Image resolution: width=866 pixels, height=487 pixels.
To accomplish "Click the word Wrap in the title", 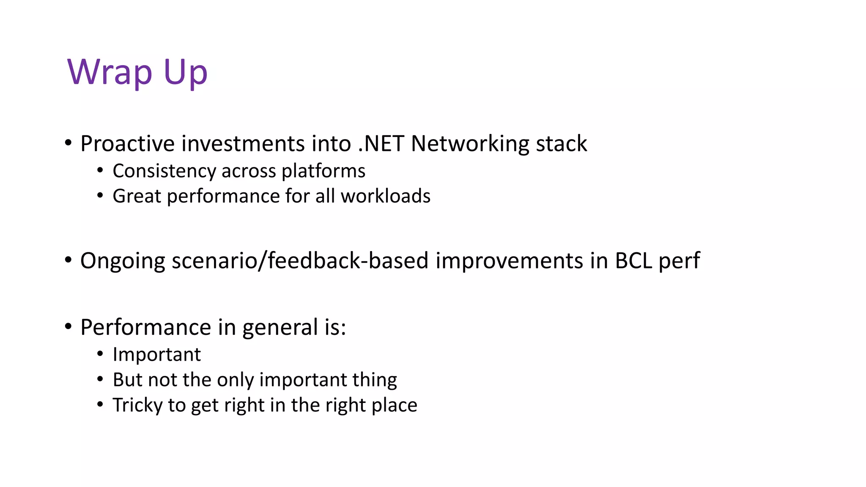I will tap(110, 72).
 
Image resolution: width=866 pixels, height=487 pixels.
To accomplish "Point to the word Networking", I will tap(469, 144).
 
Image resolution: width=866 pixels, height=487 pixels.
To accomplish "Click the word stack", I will tap(561, 143).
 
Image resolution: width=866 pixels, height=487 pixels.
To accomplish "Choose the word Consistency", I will tap(164, 171).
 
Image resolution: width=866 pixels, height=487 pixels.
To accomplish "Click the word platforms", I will tap(323, 171).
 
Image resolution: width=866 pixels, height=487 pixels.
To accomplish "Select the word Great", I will tap(137, 196).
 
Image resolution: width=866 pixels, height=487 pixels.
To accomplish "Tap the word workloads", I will tap(385, 196).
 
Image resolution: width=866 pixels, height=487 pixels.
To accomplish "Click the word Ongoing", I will tap(122, 261).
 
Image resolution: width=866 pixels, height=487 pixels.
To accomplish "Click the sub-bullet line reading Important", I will tap(156, 354).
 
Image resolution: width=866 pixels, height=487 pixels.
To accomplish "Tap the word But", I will tap(127, 380).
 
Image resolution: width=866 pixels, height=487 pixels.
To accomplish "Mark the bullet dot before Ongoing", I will tap(69, 260).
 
